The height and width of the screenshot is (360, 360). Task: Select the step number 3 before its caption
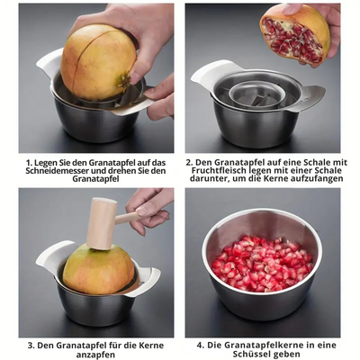pyautogui.click(x=30, y=345)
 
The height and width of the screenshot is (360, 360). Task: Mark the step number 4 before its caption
pyautogui.click(x=200, y=345)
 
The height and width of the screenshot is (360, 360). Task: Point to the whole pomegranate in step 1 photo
pyautogui.click(x=98, y=61)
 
